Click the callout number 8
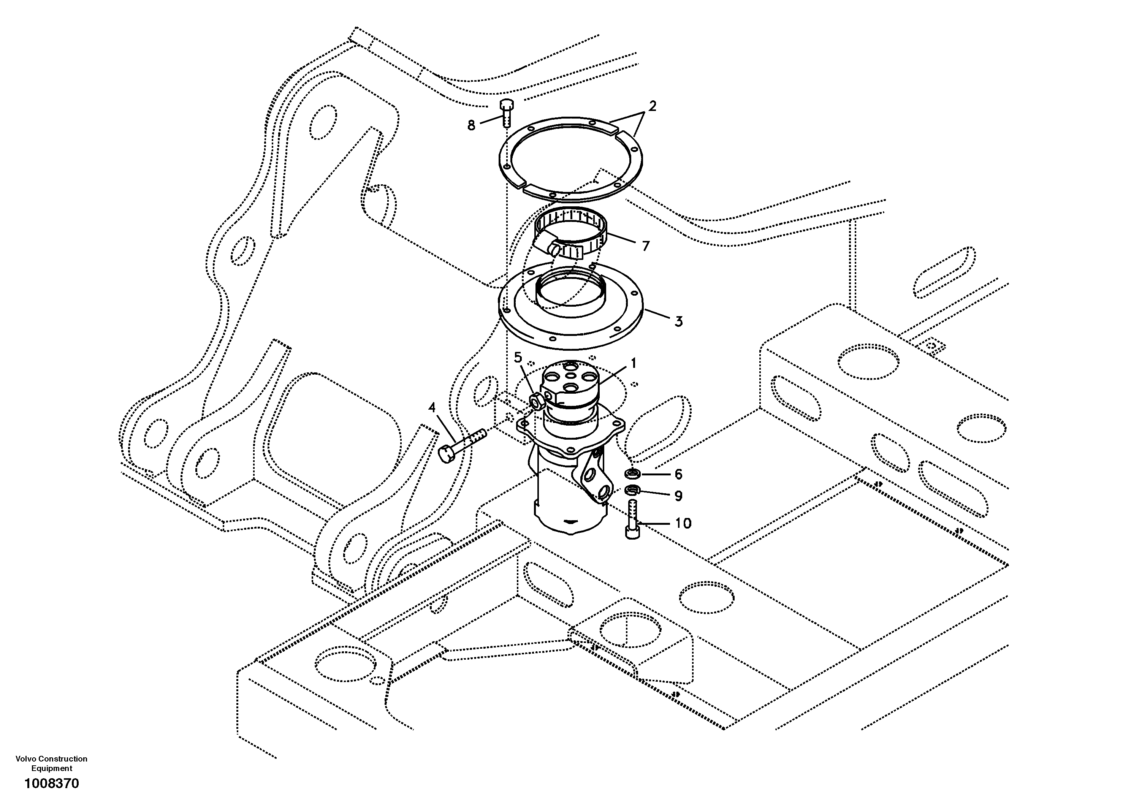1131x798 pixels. coord(471,126)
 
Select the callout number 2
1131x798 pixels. coord(652,106)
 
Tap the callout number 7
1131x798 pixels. coord(645,246)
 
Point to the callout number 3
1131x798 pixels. coord(678,321)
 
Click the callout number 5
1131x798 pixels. coord(518,357)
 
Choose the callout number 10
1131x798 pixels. coord(683,523)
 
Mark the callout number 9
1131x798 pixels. coord(678,496)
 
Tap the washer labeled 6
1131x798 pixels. coord(632,474)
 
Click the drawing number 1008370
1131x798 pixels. coord(52,783)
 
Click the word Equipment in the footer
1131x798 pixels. coord(52,768)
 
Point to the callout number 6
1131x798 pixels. coord(678,474)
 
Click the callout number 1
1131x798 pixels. coord(634,364)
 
